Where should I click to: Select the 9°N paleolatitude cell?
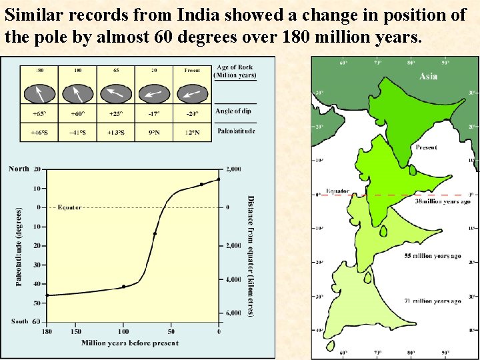154,132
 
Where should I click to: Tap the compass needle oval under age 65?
116,91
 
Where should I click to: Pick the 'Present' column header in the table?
192,69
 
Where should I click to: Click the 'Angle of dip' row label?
233,111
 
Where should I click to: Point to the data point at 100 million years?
123,286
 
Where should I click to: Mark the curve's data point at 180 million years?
47,295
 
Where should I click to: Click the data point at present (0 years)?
219,179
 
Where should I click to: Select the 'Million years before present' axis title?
130,343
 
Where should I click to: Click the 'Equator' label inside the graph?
69,207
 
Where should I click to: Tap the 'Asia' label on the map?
428,76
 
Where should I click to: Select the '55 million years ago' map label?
433,256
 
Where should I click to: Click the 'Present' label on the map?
426,147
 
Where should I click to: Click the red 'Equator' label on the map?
337,191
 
